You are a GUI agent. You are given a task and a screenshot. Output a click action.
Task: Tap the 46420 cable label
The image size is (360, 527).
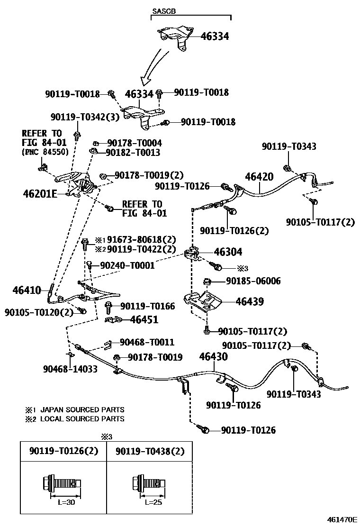tap(259, 177)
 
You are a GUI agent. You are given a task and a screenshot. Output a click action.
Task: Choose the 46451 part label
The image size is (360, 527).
tap(144, 320)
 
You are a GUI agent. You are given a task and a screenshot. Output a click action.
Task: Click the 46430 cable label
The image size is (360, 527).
tap(213, 356)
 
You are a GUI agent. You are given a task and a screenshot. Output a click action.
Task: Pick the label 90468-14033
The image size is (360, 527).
tap(70, 369)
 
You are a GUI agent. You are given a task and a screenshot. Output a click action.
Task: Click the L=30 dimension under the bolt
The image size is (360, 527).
tap(63, 502)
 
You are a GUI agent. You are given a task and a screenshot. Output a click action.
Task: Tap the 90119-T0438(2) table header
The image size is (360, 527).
tap(149, 451)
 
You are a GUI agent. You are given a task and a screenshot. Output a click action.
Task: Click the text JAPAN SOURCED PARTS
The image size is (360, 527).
tap(82, 409)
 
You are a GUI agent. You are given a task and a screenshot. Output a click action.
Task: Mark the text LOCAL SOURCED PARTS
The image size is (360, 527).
tap(82, 419)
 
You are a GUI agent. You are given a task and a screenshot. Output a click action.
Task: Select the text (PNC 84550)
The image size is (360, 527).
tap(45, 152)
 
